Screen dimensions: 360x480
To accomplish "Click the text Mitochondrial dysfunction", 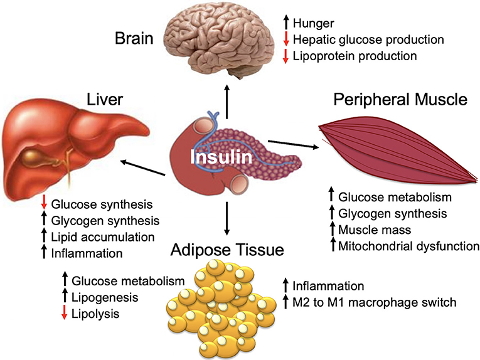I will tap(408, 245).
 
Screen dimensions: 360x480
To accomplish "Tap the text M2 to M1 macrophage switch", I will tap(373, 302).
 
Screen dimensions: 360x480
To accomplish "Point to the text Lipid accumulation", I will tap(103, 238).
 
